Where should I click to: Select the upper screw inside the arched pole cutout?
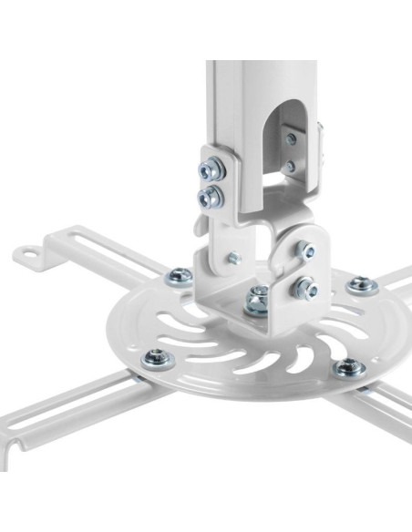point(291,139)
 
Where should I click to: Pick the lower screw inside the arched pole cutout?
point(289,167)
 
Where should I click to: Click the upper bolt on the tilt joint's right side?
point(306,249)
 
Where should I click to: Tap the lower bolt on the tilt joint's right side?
point(304,290)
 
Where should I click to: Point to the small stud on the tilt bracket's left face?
point(233,258)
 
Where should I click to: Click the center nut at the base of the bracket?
point(257,299)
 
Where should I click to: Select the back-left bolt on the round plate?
point(180,274)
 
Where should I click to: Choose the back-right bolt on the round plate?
point(363,284)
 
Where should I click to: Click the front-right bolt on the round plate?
point(349,368)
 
